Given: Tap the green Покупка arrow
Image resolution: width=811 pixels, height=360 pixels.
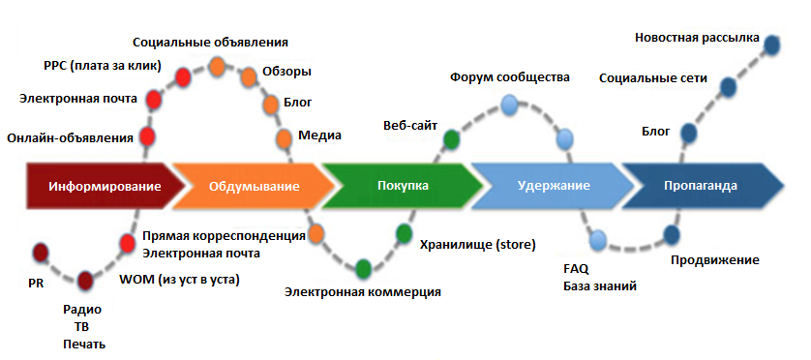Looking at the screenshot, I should click(402, 186).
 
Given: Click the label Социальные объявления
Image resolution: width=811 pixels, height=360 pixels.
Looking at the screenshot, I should click(210, 43).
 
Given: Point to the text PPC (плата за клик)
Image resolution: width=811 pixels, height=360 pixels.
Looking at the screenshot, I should click(103, 67).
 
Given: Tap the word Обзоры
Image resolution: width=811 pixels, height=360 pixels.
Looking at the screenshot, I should click(286, 72).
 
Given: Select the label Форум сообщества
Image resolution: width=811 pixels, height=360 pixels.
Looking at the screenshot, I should click(510, 76).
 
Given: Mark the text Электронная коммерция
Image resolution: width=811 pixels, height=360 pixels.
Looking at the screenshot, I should click(363, 291).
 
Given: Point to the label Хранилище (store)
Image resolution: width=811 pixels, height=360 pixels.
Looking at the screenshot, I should click(477, 244).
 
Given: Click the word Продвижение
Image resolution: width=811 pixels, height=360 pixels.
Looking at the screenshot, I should click(714, 260).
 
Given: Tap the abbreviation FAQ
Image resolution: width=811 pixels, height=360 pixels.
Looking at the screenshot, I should click(575, 268).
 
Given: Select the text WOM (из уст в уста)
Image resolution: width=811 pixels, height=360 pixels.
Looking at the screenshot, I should click(179, 280).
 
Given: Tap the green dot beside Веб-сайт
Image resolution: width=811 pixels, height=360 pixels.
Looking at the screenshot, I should click(451, 137).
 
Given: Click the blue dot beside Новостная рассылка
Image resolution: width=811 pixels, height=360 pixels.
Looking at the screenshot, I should click(772, 45).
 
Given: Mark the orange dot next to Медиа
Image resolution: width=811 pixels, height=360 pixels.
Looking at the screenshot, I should click(285, 138).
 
